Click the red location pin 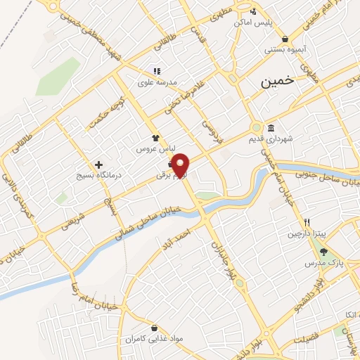pos(181,165)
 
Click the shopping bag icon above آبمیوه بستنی pos(284,38)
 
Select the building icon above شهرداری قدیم pos(272,127)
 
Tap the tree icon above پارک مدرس pos(323,252)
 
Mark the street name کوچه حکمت pos(101,117)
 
